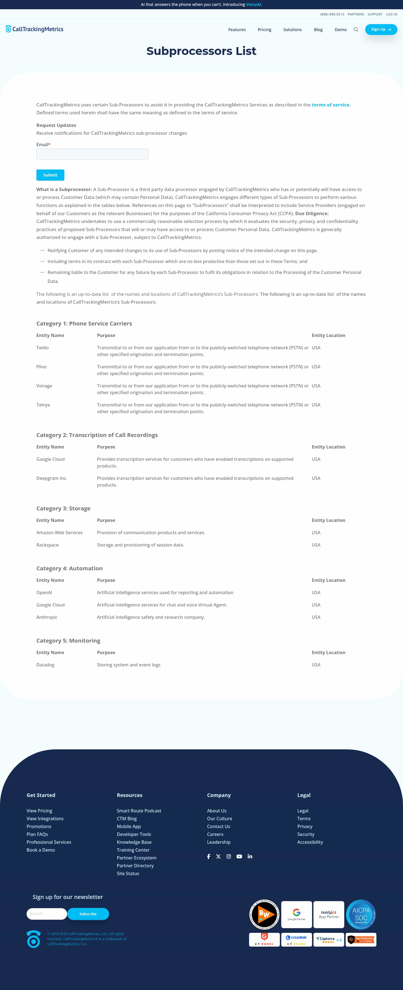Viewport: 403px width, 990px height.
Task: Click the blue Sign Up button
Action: [381, 30]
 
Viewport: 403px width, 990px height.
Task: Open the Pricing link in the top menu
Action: [264, 30]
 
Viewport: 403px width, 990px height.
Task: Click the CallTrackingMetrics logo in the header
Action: [34, 29]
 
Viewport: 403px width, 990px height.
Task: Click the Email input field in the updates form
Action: [92, 154]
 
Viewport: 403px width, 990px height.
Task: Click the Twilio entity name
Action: [43, 348]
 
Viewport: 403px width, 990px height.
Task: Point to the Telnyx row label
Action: [43, 405]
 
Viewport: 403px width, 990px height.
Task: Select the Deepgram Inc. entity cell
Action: [52, 478]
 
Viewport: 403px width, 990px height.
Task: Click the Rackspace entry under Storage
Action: [48, 545]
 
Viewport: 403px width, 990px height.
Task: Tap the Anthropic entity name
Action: [47, 617]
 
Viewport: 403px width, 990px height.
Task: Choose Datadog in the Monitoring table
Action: [45, 665]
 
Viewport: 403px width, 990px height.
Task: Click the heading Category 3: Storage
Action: [63, 508]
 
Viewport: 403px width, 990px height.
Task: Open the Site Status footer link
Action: [128, 873]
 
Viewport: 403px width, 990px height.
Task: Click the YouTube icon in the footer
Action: [239, 856]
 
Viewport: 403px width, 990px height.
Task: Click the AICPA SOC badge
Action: [361, 915]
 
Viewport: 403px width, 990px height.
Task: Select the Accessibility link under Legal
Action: [310, 842]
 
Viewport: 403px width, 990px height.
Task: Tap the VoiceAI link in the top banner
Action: [253, 4]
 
